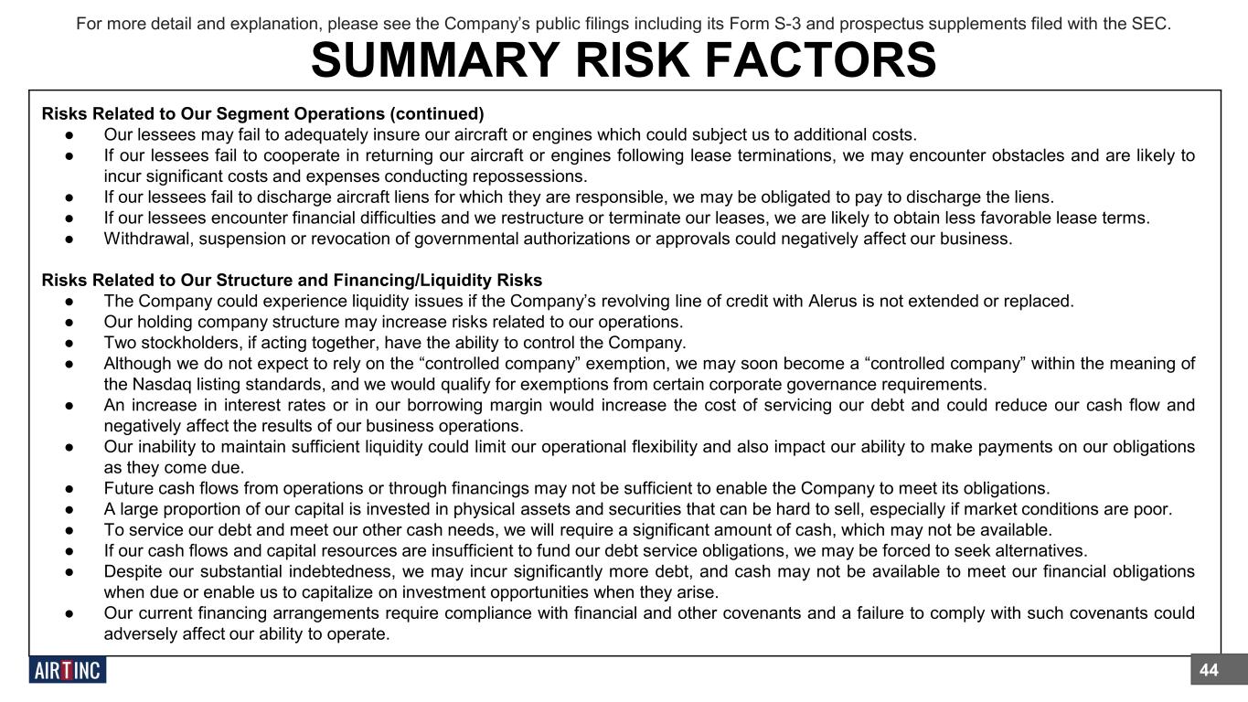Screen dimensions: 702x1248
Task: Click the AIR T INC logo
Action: [x=68, y=670]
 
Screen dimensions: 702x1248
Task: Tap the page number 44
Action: [x=1209, y=670]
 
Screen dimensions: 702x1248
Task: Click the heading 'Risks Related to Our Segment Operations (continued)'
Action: [x=262, y=114]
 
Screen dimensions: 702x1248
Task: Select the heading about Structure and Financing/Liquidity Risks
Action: [x=292, y=280]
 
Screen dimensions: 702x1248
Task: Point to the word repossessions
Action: [x=539, y=175]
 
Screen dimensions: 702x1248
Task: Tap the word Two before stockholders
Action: [x=120, y=343]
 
